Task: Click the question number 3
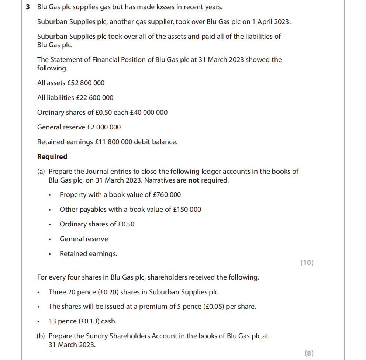tap(28, 7)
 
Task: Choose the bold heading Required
tap(52, 157)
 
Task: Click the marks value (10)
tap(307, 263)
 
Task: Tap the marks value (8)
tap(309, 353)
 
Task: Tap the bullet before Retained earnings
tap(49, 254)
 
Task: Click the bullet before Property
tap(49, 195)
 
